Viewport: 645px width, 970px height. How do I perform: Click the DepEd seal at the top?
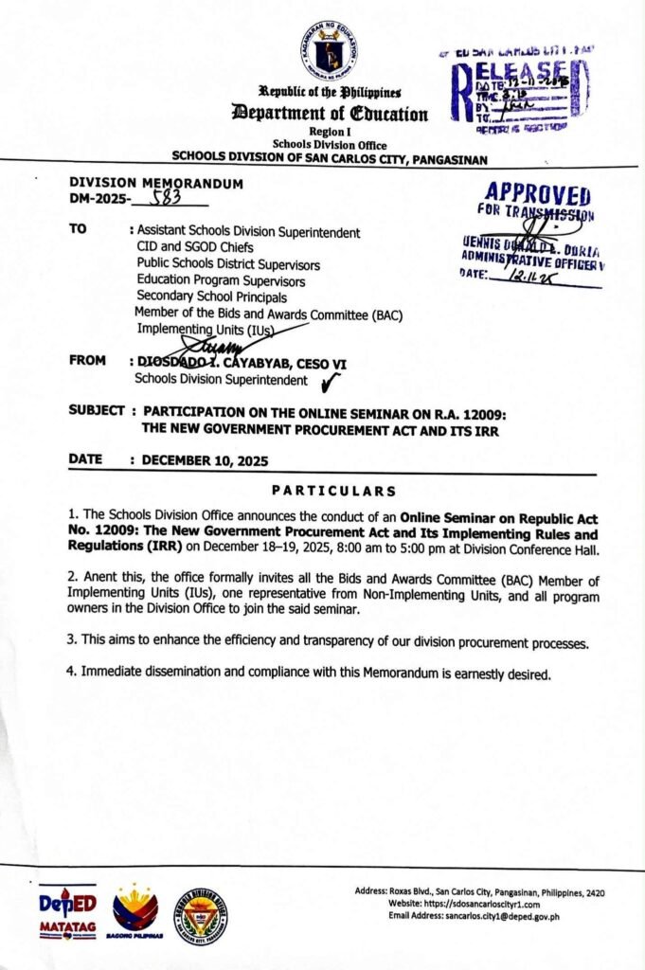331,50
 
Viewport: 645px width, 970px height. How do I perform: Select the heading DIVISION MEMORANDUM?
156,183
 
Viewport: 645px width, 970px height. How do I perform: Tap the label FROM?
87,362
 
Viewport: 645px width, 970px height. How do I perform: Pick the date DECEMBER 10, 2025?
205,461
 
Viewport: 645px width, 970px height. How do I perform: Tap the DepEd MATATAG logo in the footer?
67,912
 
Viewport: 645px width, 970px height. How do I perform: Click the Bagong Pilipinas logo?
135,913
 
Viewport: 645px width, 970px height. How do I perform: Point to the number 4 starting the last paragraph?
70,674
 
